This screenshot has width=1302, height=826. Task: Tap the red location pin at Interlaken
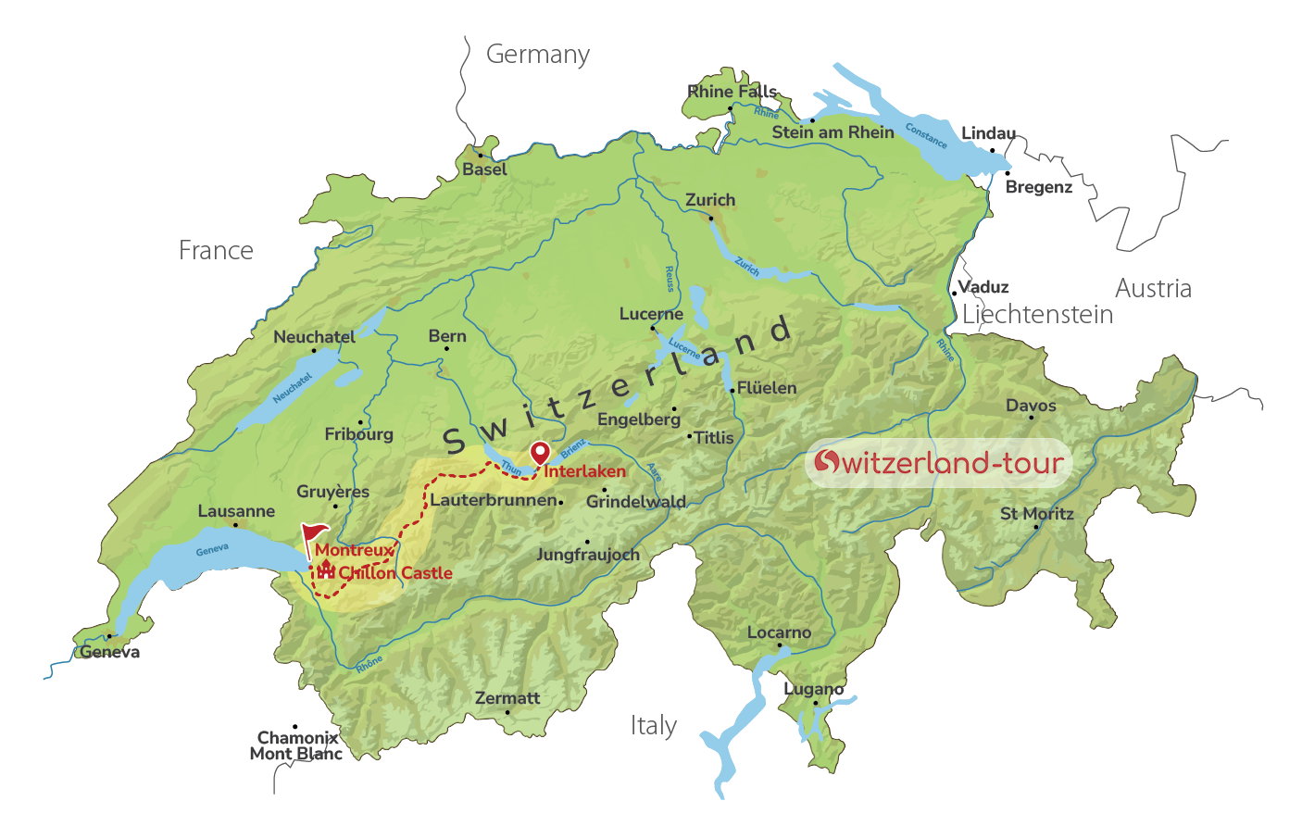539,453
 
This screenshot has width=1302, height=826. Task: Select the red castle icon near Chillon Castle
325,569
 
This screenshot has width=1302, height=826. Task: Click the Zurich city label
710,200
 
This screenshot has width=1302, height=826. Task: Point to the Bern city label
447,336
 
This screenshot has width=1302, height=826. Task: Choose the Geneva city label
110,652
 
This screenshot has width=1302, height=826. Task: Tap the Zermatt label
507,698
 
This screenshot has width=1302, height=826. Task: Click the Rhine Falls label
732,92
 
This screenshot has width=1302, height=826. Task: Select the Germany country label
538,55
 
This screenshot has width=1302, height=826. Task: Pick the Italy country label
654,726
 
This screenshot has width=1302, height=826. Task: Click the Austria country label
1153,289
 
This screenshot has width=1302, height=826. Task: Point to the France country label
216,251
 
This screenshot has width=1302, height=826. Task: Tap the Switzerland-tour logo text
939,462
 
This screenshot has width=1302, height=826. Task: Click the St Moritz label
1037,514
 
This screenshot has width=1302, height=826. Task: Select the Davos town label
1031,406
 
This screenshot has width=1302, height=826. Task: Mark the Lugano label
814,689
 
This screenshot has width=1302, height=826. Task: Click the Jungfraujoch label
588,555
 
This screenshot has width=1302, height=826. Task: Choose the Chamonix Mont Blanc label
296,745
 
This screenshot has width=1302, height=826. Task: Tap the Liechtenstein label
1037,315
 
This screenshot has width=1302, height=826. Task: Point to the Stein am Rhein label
833,132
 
